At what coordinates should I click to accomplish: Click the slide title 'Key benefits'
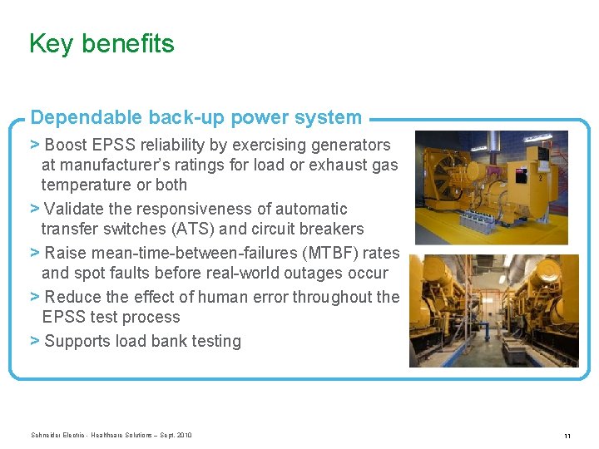click(x=101, y=43)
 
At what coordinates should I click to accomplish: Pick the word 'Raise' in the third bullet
click(x=66, y=253)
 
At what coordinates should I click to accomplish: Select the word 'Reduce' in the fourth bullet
click(x=72, y=297)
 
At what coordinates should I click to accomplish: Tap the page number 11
click(x=567, y=436)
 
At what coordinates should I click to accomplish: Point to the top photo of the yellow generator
click(x=491, y=187)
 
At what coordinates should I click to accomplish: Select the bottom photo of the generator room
click(x=493, y=310)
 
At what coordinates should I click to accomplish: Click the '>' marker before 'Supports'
click(x=35, y=341)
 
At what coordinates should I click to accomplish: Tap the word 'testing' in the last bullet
click(x=214, y=341)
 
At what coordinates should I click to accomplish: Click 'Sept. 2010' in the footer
click(x=176, y=435)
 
